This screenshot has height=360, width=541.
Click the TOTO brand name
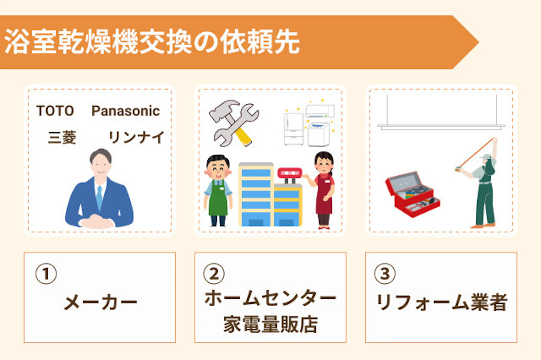pos(55,110)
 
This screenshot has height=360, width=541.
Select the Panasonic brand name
pos(126,111)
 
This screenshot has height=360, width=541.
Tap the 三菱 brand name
pos(62,137)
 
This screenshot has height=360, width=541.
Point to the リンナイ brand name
pos(136,137)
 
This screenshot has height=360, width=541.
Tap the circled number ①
pos(46,274)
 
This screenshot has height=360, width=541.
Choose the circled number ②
pos(214,274)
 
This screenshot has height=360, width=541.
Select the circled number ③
pos(385,274)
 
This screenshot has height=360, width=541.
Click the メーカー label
pos(101,303)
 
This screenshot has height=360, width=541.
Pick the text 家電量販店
pos(270,324)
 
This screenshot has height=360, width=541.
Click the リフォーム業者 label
pos(442,302)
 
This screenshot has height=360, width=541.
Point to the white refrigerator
pos(294,129)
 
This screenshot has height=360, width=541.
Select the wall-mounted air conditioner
pos(320,111)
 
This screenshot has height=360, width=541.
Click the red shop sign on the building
pos(290,173)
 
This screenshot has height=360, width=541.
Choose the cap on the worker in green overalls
pos(486,157)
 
